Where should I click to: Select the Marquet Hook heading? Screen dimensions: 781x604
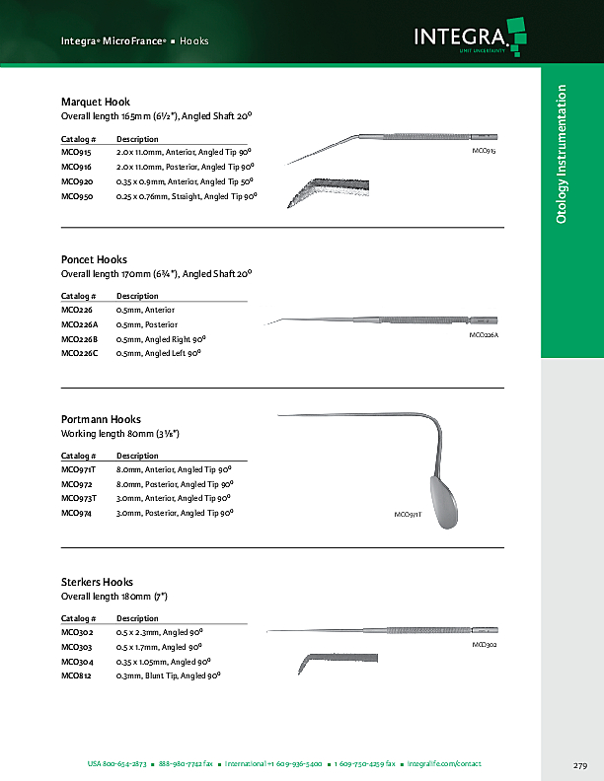click(96, 102)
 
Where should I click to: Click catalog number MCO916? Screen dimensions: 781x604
click(76, 168)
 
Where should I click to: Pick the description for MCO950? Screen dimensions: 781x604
click(187, 196)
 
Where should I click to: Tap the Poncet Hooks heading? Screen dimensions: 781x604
click(94, 259)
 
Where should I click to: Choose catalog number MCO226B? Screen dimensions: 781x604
click(80, 338)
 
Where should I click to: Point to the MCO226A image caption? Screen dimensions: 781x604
click(484, 335)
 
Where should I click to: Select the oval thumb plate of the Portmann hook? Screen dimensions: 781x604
click(443, 501)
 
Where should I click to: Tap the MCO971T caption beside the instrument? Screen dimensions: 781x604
click(408, 515)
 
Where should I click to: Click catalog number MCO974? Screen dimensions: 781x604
click(76, 513)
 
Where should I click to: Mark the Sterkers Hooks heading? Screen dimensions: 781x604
click(97, 582)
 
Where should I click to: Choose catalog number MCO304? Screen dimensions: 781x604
click(76, 661)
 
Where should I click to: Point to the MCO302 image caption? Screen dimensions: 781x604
click(484, 644)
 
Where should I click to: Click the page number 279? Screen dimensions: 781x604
click(580, 765)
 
